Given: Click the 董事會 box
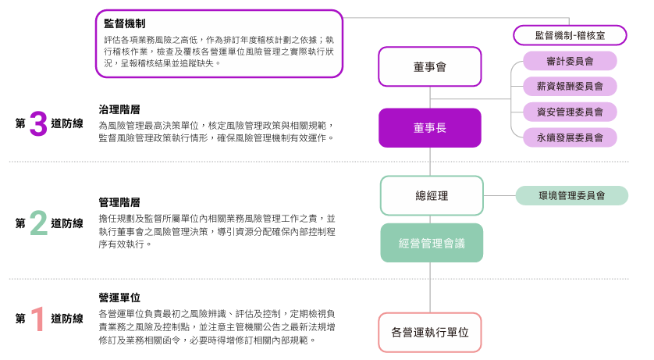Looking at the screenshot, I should pos(430,66).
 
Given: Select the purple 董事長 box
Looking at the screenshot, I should pos(430,128).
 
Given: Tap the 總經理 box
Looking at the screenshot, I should pos(432,195).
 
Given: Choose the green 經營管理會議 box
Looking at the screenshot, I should pos(432,243).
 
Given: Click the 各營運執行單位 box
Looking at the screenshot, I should pos(430,332).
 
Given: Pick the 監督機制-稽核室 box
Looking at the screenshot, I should pos(570,35).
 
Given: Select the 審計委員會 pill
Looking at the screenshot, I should pos(570,61).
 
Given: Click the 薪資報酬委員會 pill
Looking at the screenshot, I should pos(570,86).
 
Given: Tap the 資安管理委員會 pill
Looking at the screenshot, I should pos(570,112).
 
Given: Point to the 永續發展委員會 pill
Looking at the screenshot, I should pos(570,137).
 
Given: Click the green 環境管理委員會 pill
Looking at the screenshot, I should pos(571,195).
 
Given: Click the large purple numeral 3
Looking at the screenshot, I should pos(38,123).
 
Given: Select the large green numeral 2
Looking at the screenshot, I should pos(38,223).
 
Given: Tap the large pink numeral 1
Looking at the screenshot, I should pos(37,319).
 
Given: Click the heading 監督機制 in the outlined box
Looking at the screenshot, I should pos(124,24).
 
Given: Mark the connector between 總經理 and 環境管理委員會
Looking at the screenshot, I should pos(499,195).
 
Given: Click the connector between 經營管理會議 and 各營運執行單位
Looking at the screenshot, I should pos(431,287).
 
